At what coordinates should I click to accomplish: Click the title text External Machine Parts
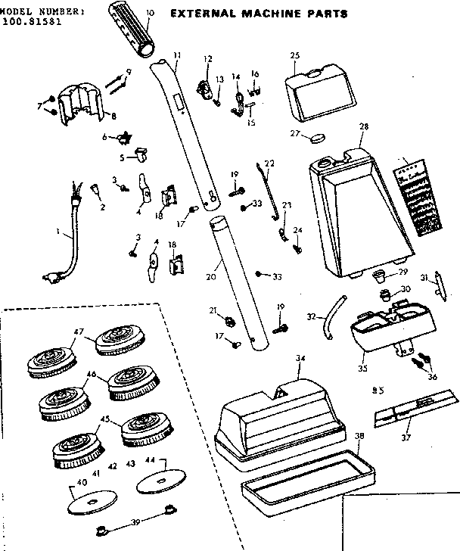point(258,14)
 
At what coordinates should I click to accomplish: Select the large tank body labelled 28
point(356,212)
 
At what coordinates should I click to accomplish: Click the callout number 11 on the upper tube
point(177,55)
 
